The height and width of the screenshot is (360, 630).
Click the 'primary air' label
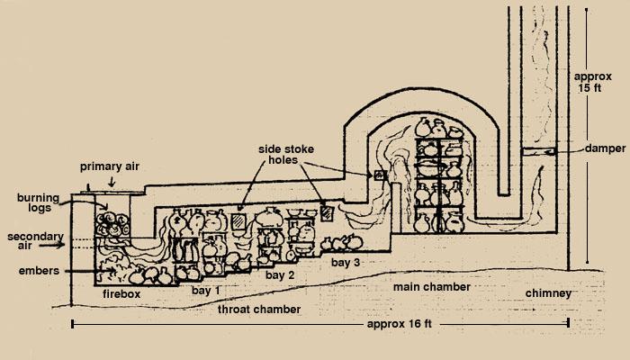pyautogui.click(x=109, y=166)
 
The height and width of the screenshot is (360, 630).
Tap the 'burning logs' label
pyautogui.click(x=38, y=202)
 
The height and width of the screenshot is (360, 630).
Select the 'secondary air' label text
pyautogui.click(x=35, y=241)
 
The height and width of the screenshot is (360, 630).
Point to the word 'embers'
pyautogui.click(x=39, y=271)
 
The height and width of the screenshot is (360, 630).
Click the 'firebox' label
pyautogui.click(x=121, y=293)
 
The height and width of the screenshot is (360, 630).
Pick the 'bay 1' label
pyautogui.click(x=206, y=290)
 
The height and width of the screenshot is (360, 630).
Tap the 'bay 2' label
pyautogui.click(x=280, y=275)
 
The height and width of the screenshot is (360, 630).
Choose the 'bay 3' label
pyautogui.click(x=346, y=263)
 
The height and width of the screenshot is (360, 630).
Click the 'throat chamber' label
pyautogui.click(x=259, y=310)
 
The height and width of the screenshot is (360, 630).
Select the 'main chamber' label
pyautogui.click(x=431, y=287)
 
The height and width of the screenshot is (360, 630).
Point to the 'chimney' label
pyautogui.click(x=548, y=293)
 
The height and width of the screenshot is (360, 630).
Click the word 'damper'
pyautogui.click(x=605, y=148)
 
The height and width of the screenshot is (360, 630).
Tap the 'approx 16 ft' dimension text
pyautogui.click(x=399, y=324)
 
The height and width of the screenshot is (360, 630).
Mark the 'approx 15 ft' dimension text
pyautogui.click(x=592, y=82)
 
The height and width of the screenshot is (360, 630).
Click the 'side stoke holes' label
pyautogui.click(x=285, y=154)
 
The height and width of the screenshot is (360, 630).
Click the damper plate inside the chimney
pyautogui.click(x=538, y=151)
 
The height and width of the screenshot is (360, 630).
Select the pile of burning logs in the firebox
pyautogui.click(x=112, y=224)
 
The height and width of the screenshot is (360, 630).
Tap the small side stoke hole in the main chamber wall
pyautogui.click(x=379, y=175)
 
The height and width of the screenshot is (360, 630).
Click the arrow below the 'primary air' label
pyautogui.click(x=112, y=182)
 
